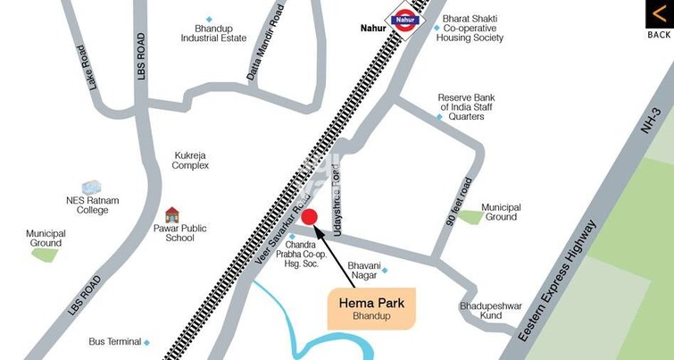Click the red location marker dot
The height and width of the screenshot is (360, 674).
309,216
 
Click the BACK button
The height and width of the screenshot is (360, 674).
659,20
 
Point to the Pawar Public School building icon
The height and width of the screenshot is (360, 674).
172,214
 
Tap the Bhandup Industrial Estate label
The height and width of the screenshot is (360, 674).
213,33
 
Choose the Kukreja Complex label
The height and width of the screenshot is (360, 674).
191,160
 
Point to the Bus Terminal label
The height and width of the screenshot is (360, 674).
115,341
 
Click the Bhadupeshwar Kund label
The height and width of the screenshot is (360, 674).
490,311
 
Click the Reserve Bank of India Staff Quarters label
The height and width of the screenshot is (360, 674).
466,107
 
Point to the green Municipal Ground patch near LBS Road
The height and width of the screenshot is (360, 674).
44,254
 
